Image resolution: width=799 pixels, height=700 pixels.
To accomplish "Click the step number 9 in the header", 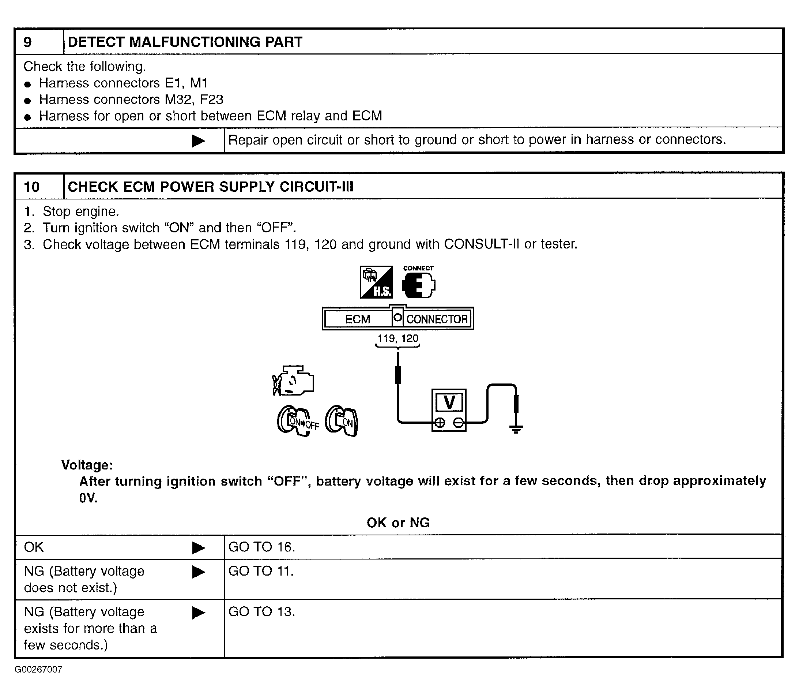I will coord(28,42).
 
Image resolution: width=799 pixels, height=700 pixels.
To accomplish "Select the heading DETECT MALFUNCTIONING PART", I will coord(185,42).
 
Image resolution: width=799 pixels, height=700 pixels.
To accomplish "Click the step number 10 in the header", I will coord(31,187).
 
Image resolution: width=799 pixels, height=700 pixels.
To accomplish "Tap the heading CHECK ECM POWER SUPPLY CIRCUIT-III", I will coord(210,187).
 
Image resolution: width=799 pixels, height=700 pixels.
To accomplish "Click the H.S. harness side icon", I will coord(376,282).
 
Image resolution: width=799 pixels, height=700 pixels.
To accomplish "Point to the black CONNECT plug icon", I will coord(418,284).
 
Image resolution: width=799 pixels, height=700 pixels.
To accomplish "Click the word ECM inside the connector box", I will coord(357,319).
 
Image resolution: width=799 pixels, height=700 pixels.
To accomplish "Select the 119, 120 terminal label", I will coord(398,338).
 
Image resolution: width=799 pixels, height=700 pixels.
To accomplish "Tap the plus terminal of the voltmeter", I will coord(440,423).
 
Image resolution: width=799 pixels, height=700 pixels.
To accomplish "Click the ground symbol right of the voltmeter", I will coord(516,429).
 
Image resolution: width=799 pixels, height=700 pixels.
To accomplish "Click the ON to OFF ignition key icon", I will coord(298,422).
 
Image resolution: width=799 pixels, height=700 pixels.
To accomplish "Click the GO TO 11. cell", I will coord(261,571).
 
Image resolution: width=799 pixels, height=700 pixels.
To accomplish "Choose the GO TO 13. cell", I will coord(261,612).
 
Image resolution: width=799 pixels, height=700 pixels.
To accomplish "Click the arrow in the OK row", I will coord(199,548).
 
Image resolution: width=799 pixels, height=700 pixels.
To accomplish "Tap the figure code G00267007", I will coord(38,670).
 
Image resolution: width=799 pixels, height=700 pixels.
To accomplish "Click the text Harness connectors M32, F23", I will coord(131,100).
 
